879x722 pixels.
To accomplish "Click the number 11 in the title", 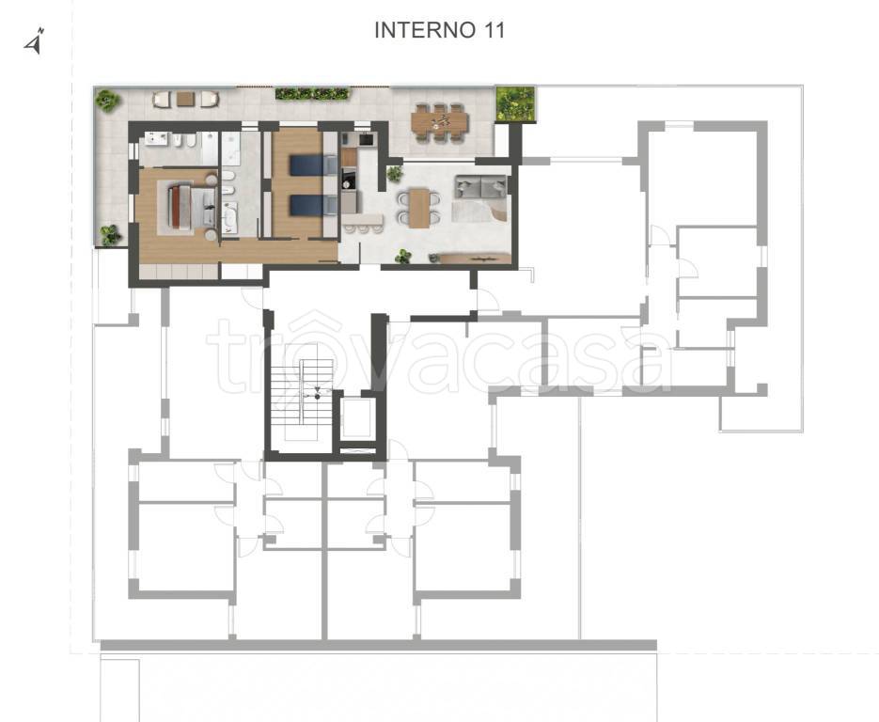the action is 492,30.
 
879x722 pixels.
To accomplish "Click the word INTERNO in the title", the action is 423,30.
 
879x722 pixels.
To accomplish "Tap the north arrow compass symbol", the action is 35,41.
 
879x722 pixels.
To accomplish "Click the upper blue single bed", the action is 313,165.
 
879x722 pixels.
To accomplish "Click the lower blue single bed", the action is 313,205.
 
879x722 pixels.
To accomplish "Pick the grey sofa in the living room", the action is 480,188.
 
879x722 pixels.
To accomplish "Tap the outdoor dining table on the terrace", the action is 439,121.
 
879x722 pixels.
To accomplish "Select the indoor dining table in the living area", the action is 418,208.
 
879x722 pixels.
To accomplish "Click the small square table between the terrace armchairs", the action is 185,100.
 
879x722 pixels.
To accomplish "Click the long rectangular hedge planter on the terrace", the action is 312,94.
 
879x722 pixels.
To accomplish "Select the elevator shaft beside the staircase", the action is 357,417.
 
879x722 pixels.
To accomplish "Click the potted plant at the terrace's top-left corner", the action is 107,101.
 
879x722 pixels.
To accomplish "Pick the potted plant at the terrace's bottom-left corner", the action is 110,235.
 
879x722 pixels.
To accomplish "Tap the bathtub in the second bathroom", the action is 229,217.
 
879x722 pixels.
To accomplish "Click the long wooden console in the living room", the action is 474,258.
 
